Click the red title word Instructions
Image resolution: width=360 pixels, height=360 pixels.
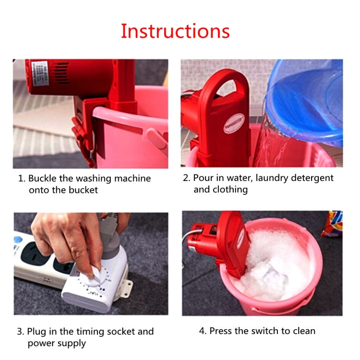[x=175, y=31]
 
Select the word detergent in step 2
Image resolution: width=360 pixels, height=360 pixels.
[x=309, y=178]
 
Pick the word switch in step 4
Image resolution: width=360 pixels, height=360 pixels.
[x=275, y=331]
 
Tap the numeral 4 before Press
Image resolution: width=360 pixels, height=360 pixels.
[x=202, y=331]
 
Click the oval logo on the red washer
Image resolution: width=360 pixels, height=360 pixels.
[x=236, y=121]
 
